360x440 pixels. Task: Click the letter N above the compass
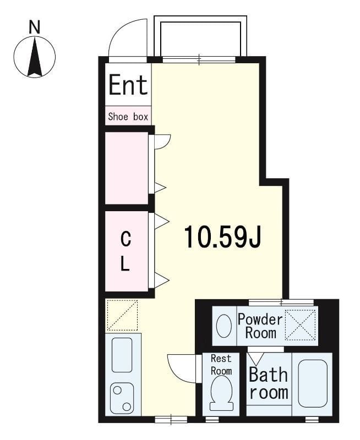(x=35, y=28)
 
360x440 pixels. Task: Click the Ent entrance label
(x=128, y=84)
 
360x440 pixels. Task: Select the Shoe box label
(x=128, y=117)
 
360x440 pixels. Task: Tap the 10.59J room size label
(x=222, y=238)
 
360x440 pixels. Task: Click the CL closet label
(x=126, y=252)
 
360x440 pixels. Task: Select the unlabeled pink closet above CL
(x=127, y=168)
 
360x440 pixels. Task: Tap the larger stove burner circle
(x=117, y=390)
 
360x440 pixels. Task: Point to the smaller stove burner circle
(x=127, y=406)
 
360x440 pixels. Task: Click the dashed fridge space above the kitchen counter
(x=122, y=315)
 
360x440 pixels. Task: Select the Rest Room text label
(x=221, y=365)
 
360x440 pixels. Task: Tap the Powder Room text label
(x=260, y=326)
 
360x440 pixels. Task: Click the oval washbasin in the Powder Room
(x=224, y=326)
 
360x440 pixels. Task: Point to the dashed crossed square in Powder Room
(x=300, y=325)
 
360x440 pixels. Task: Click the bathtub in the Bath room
(x=313, y=383)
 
